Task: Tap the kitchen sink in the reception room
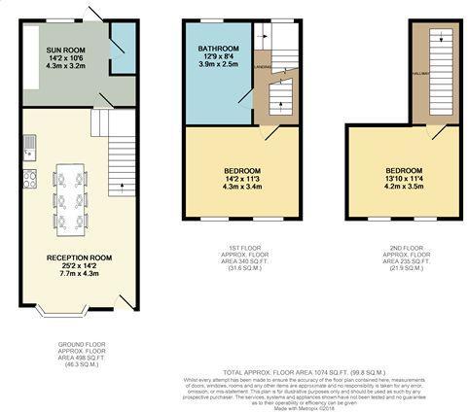tap(30, 147)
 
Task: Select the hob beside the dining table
tap(29, 179)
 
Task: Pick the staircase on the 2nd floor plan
tap(432, 73)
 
